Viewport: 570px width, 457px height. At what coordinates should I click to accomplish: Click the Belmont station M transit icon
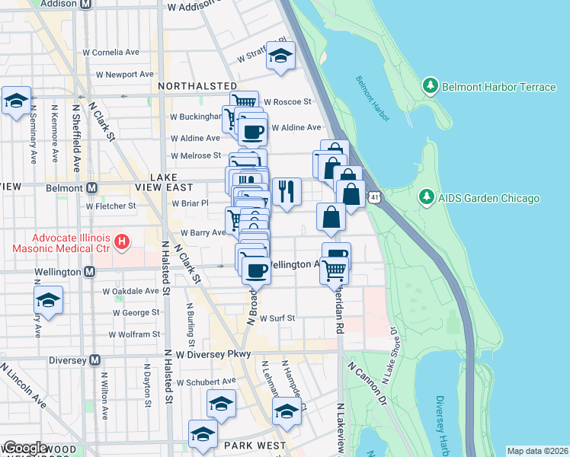click(x=92, y=187)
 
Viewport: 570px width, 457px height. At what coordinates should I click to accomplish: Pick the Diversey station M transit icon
click(x=94, y=360)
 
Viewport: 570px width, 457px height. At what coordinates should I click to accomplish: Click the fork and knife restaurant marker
click(x=286, y=191)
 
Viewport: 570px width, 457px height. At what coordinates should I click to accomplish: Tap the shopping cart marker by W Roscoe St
click(x=244, y=102)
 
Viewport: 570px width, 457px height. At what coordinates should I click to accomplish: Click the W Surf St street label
click(x=277, y=318)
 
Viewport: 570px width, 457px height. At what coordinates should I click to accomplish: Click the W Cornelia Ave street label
click(x=115, y=53)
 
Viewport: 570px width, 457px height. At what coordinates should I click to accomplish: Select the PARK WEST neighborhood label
click(x=254, y=445)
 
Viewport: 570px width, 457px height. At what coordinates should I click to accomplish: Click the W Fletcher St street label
click(x=110, y=206)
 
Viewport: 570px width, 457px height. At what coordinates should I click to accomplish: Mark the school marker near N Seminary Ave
click(x=16, y=101)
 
